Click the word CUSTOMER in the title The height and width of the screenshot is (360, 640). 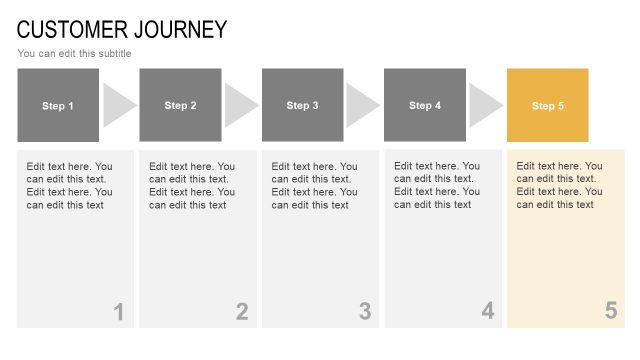(70, 29)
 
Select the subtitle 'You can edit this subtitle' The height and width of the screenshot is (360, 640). (74, 53)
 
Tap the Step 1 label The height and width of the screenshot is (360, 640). (58, 105)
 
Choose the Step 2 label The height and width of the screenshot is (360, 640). (180, 105)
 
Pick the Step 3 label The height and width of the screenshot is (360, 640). (303, 105)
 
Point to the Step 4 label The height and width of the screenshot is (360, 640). (425, 105)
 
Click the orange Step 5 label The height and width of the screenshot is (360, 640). (548, 105)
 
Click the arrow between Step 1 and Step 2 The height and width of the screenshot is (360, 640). (117, 105)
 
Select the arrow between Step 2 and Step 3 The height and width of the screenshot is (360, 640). (239, 105)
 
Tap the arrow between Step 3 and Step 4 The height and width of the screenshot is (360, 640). (361, 105)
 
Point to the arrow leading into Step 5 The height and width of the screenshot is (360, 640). (484, 105)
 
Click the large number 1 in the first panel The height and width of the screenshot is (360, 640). (118, 312)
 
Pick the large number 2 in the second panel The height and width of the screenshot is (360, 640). (242, 312)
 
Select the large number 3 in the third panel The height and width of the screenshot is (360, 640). (365, 312)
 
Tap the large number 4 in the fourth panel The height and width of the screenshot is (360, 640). (488, 312)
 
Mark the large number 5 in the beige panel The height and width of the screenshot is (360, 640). (611, 312)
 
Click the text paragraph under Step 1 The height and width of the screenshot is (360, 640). (69, 185)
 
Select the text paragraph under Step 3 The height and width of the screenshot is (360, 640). (314, 185)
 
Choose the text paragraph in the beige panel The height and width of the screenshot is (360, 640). (559, 185)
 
